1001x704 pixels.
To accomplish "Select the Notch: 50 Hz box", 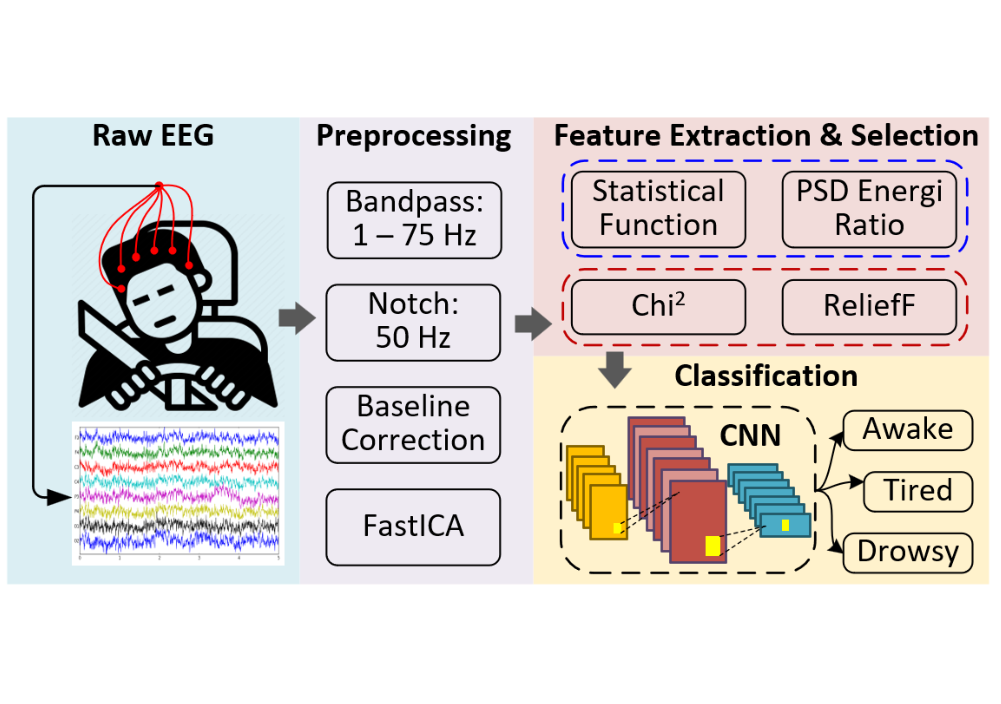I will click(413, 323).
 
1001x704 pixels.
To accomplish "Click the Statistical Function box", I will click(658, 209).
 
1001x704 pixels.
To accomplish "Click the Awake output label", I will click(908, 430).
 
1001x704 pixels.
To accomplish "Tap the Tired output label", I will click(918, 491).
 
